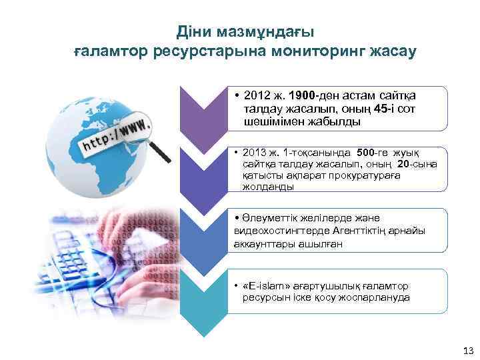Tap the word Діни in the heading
point(193,31)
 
